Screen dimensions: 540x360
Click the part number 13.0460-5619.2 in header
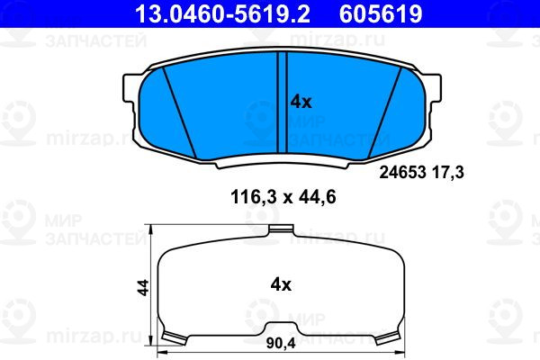(222, 13)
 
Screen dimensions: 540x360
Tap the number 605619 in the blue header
(381, 13)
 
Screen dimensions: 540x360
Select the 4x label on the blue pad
(301, 102)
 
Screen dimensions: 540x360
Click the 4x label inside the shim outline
(281, 285)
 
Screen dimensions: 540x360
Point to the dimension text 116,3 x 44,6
(283, 197)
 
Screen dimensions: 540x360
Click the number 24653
(402, 172)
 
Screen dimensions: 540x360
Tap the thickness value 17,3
(447, 172)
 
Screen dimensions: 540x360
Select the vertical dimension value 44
(143, 287)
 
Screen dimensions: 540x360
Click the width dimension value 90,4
(281, 343)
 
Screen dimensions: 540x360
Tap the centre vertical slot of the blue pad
(282, 103)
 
